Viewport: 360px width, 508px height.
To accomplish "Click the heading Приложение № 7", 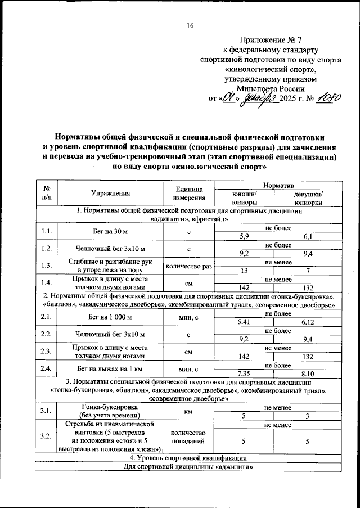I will point(270,40).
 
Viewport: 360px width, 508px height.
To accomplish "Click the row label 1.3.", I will point(46,265).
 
